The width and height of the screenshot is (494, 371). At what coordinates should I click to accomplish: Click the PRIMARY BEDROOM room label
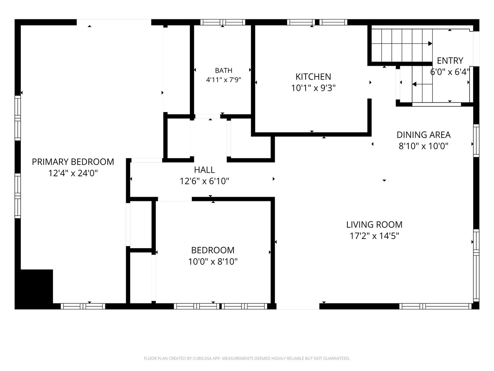coord(73,162)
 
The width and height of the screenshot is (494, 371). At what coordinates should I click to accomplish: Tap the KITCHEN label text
coord(313,77)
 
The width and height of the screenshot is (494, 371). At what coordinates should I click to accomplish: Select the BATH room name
coord(223,70)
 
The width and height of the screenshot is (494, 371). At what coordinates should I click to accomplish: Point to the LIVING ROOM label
coord(374,225)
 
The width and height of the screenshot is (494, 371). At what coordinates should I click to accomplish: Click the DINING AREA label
coord(423,135)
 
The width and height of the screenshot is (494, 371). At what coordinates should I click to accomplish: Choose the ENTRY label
coord(450,61)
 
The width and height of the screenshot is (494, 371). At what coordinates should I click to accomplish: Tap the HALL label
coord(204,170)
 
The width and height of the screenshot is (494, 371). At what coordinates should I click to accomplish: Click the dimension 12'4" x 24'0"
coord(73,173)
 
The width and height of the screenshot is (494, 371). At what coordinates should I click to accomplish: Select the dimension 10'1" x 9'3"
coord(313,88)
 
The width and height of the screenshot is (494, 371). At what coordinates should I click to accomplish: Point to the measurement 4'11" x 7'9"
coord(223,80)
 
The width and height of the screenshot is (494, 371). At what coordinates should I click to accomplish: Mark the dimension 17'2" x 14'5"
coord(374,236)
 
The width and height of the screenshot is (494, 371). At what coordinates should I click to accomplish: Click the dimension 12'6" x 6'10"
coord(204,181)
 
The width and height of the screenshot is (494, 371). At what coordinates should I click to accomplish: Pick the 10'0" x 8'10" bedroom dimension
coord(213,262)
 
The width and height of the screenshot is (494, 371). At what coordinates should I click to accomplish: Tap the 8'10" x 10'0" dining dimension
coord(423,146)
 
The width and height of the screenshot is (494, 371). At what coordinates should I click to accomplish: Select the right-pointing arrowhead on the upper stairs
coord(430,43)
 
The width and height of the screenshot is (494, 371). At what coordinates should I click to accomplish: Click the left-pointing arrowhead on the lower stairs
coord(414,85)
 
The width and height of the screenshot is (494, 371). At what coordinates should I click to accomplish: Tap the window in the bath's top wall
coord(223,22)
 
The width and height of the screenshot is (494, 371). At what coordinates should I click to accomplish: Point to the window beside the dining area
coord(476,141)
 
